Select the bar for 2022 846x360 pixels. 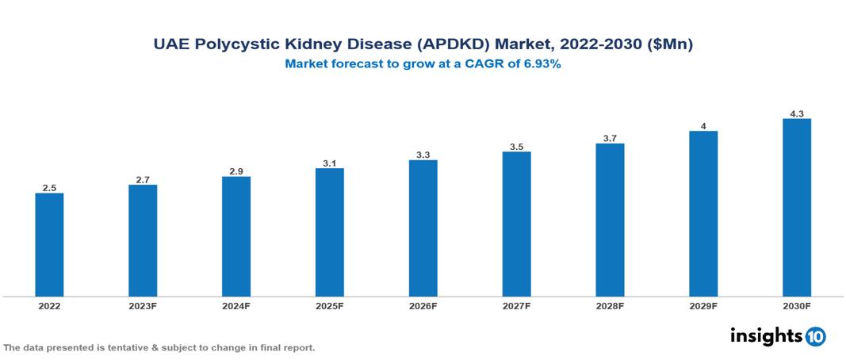point(49,244)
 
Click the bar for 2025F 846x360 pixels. point(329,232)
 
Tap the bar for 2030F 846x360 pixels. point(796,207)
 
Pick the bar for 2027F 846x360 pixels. point(516,224)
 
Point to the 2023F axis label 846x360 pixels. point(143,306)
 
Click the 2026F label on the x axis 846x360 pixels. point(423,306)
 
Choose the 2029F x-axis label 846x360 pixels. point(702,306)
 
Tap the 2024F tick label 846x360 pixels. point(236,306)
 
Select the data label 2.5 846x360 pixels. point(49,188)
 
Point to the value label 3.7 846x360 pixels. point(610,138)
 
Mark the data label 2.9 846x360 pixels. point(236,171)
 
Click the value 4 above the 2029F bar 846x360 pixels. point(703,125)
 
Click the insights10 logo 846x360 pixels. point(777,336)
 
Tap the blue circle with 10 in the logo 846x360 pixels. point(815,337)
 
